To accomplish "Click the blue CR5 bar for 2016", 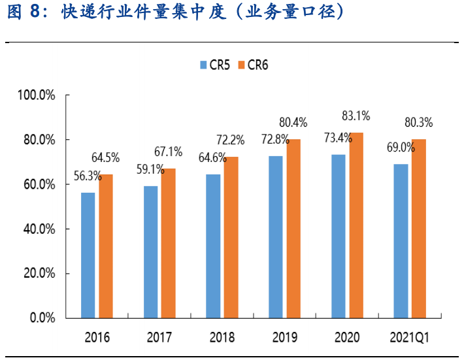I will [x=88, y=255].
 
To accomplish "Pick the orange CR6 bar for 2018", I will [x=231, y=237].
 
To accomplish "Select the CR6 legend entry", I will [x=252, y=65].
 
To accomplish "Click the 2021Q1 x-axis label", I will [x=408, y=338].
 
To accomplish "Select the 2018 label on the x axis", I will [x=222, y=338].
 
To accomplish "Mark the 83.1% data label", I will [x=356, y=116].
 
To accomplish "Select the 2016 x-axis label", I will [x=97, y=338].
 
